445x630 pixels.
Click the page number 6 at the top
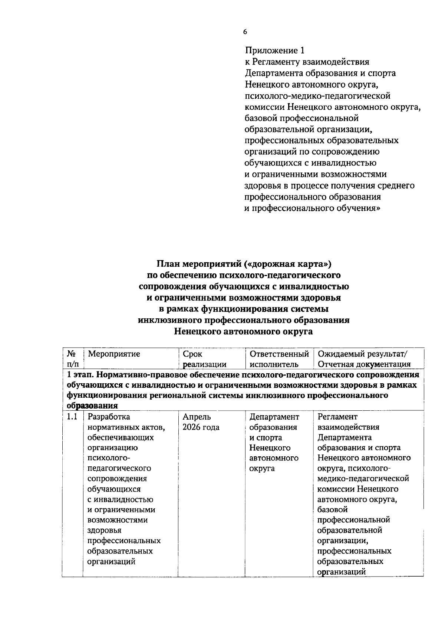tap(245, 32)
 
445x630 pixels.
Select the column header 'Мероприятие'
tap(114, 354)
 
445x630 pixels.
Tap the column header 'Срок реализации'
tap(204, 359)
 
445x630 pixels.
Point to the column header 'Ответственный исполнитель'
tap(279, 359)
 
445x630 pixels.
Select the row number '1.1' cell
tap(72, 417)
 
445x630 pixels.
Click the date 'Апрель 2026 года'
tap(201, 422)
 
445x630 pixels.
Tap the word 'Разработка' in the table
tap(109, 417)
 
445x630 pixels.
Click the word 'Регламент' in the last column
tap(337, 417)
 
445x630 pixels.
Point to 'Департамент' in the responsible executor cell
tap(274, 417)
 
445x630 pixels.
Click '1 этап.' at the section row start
tap(80, 375)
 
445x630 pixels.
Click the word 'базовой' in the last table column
tap(332, 509)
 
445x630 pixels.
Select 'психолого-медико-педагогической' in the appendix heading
tap(317, 96)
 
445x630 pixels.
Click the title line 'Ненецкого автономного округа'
tap(243, 331)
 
